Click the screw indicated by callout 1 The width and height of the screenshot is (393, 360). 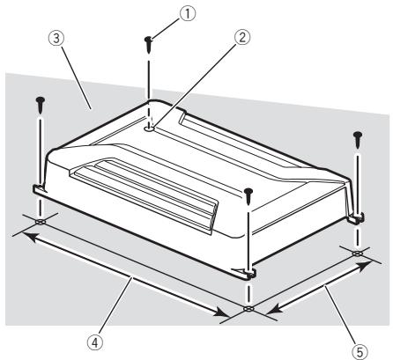click(150, 41)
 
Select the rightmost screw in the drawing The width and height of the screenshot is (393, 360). click(358, 137)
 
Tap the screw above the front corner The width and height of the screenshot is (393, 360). click(250, 193)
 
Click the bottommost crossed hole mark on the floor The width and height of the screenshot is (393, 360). click(249, 310)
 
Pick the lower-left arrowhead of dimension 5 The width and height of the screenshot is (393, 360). click(268, 310)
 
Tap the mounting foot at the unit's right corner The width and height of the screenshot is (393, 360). click(355, 216)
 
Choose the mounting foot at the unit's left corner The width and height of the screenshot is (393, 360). click(40, 187)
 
